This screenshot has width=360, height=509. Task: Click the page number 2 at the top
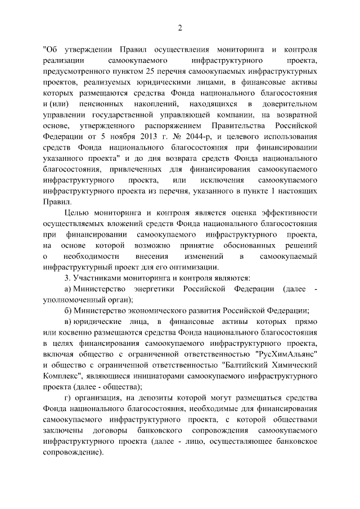[180, 28]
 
